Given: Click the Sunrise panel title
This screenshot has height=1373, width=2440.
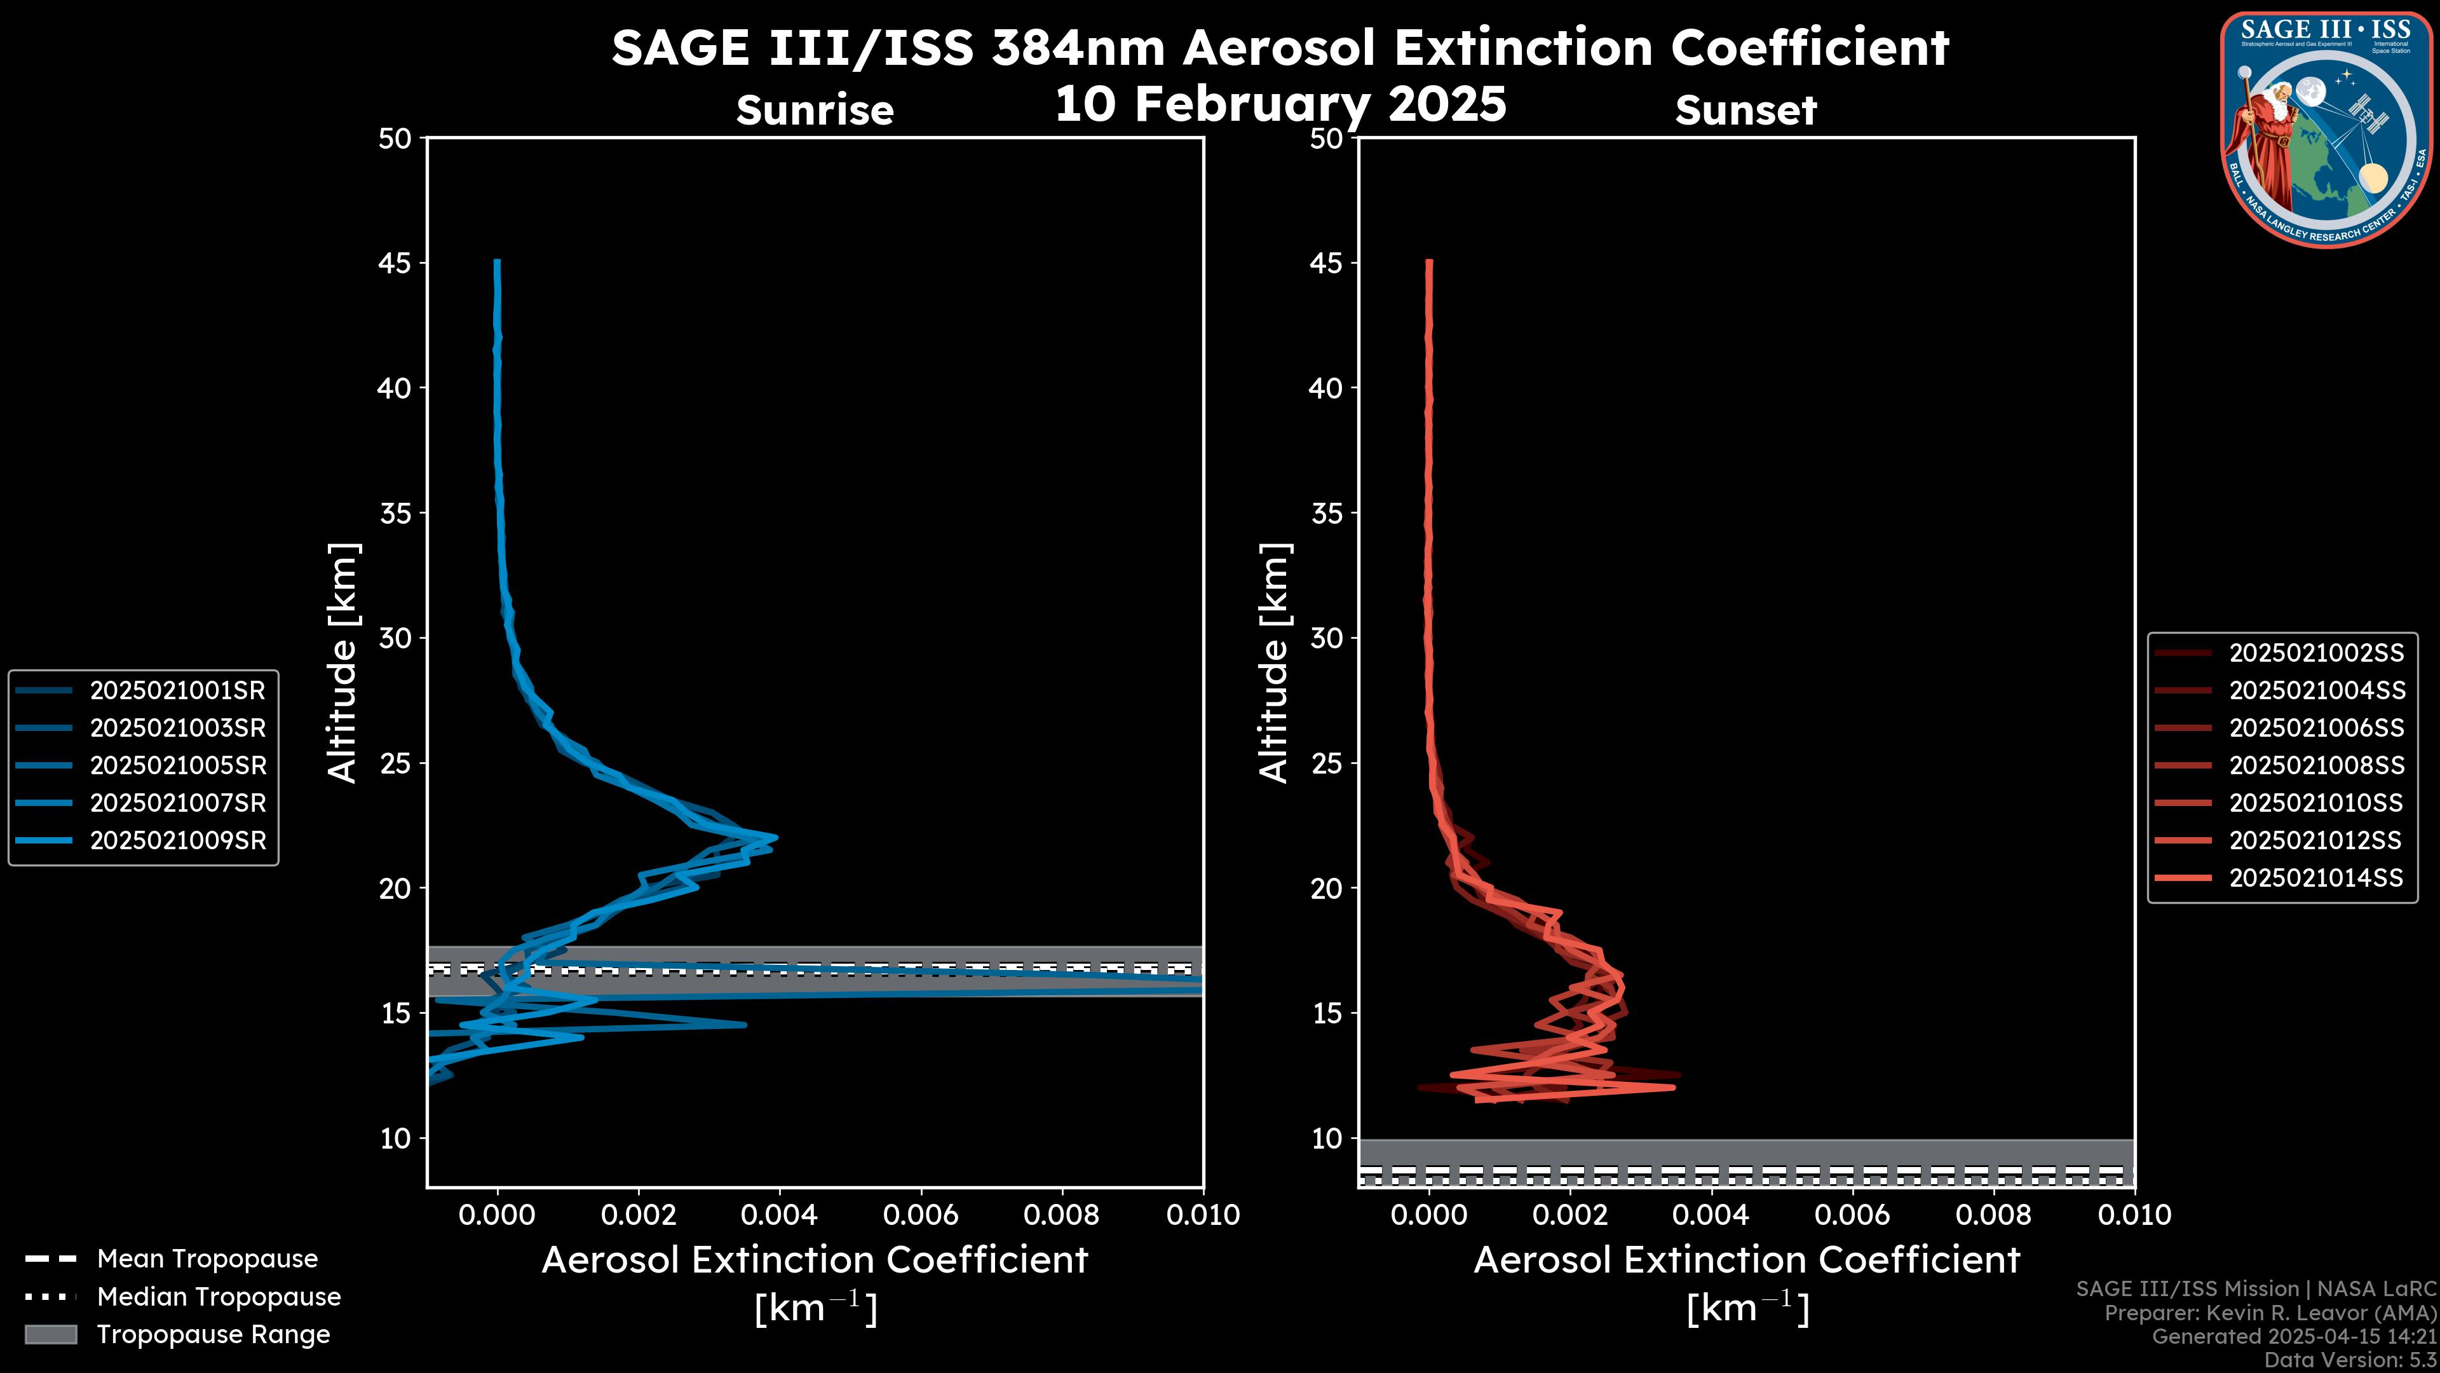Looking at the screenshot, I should point(815,110).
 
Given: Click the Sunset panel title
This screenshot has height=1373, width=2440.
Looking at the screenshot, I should point(1745,110).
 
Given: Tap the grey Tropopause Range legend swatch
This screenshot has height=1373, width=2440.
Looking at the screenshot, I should point(51,1334).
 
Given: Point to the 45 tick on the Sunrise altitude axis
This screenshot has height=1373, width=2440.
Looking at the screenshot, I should point(395,263).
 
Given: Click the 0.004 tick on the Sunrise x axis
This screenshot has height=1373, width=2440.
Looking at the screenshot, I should point(780,1215).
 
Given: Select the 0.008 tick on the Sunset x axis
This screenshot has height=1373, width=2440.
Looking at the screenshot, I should point(1994,1215).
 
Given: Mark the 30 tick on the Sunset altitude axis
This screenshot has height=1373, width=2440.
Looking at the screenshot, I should point(1326,638).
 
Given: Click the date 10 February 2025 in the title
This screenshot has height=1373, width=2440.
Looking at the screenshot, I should point(1280,102).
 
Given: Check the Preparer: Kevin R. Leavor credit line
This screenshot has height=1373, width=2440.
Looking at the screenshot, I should point(2270,1313).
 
